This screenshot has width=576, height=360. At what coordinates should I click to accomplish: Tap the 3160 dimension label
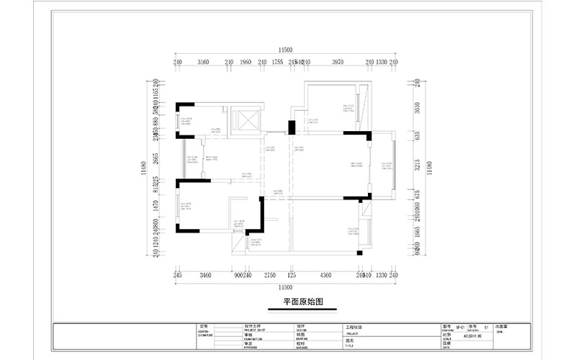(x=203, y=63)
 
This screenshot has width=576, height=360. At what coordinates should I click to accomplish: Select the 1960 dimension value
(x=246, y=63)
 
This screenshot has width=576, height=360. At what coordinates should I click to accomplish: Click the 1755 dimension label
(x=276, y=63)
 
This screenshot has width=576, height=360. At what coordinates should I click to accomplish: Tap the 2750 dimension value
(x=270, y=275)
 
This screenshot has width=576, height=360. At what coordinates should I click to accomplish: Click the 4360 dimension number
(x=325, y=275)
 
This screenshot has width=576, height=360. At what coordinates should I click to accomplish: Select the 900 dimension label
(x=238, y=275)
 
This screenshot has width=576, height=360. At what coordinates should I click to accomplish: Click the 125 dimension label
(x=292, y=275)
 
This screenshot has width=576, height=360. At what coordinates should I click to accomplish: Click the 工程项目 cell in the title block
(x=356, y=327)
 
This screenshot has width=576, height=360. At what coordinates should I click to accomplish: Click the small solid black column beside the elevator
(x=292, y=127)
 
